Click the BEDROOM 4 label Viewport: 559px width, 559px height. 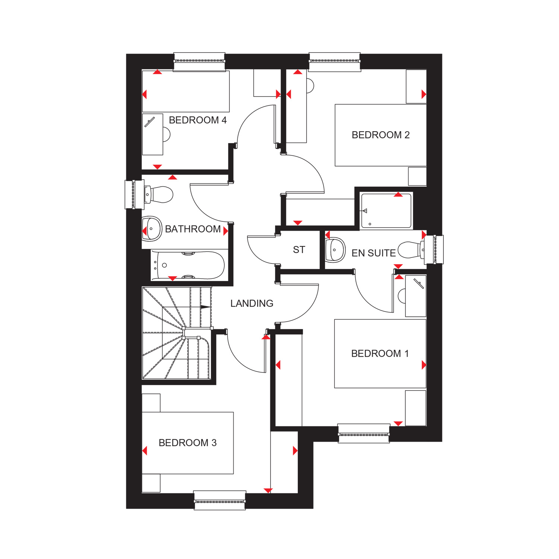[x=198, y=120]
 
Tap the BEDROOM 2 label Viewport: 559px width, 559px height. [x=380, y=135]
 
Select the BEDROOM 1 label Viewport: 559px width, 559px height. [x=380, y=353]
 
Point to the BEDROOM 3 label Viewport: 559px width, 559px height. [x=187, y=443]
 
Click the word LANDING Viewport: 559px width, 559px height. [x=252, y=303]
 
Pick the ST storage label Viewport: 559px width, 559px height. [x=299, y=250]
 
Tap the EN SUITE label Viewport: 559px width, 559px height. [x=373, y=253]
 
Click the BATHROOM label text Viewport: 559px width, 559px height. [x=193, y=229]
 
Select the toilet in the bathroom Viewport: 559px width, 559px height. [x=159, y=195]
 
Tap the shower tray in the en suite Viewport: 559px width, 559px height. [x=386, y=211]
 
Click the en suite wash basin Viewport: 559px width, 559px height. [x=335, y=250]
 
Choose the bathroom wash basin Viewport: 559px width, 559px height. [x=152, y=229]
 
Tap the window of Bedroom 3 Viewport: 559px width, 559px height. [x=220, y=500]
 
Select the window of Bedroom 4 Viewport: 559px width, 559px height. [x=199, y=62]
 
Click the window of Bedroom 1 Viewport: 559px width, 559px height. [x=364, y=433]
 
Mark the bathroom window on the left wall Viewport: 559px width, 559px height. [x=134, y=195]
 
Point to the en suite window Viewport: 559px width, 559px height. [x=435, y=250]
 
